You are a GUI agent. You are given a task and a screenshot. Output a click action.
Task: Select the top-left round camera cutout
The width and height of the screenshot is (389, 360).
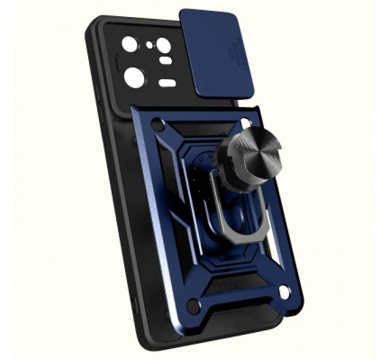point(129,44)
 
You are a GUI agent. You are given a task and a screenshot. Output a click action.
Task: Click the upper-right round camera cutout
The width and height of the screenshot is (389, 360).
point(164,45)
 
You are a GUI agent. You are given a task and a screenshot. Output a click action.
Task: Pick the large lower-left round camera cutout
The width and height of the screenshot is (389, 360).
point(134,77)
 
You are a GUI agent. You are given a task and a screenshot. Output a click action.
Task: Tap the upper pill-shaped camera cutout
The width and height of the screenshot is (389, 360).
point(165,60)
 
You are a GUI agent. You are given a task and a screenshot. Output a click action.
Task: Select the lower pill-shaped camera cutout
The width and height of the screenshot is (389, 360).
point(167,83)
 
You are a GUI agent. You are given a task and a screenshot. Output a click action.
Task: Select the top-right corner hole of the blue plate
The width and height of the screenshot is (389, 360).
point(246,122)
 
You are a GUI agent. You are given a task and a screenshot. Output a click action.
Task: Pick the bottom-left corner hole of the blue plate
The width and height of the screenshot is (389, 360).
point(193,306)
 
